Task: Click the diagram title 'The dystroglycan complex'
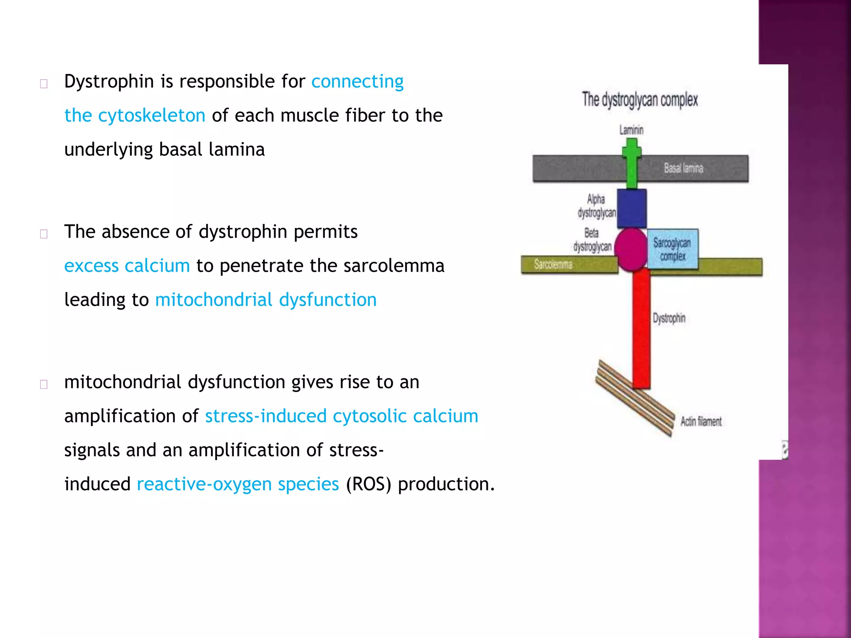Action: point(639,100)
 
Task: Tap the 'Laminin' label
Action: point(631,130)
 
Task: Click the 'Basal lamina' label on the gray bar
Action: point(683,168)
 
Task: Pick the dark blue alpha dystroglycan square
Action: point(632,208)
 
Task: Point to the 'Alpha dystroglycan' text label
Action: point(596,206)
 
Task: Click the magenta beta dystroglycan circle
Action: point(631,249)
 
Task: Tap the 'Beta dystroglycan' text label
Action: point(592,240)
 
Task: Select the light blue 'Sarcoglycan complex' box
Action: point(672,249)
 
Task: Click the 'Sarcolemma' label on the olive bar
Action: point(553,264)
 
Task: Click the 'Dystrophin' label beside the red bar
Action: point(669,319)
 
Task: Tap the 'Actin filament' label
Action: point(701,422)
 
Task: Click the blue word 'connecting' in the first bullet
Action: point(357,81)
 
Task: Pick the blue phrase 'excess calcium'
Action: point(127,266)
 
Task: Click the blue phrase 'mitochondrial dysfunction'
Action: point(266,300)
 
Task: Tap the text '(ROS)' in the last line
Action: point(368,484)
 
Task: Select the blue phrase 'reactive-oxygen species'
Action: point(238,484)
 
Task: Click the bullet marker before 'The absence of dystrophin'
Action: point(44,234)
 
